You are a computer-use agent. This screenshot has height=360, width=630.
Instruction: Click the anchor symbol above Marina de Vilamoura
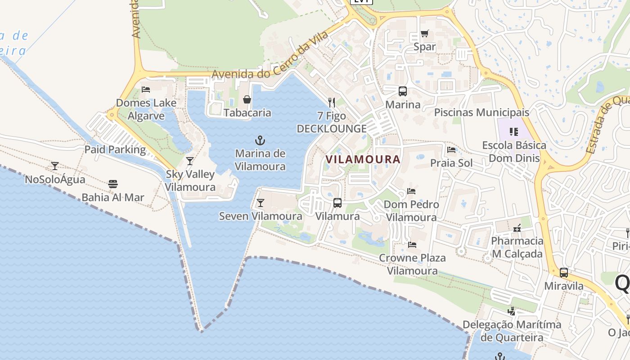coord(260,140)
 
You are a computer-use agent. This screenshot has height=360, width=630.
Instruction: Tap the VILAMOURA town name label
coord(363,159)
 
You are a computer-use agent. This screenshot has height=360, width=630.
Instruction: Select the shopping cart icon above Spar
coord(424,34)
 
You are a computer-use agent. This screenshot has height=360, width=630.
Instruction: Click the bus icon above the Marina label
coord(403,91)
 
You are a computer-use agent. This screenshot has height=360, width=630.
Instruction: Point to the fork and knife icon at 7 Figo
coord(332,103)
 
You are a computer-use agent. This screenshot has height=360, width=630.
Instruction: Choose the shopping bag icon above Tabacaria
coord(247,99)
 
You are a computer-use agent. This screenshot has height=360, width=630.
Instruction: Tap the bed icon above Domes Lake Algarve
coord(146,89)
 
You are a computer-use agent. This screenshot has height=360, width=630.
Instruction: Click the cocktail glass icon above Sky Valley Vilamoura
coord(190,161)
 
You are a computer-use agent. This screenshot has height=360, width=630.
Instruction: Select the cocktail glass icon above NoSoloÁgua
coord(55,166)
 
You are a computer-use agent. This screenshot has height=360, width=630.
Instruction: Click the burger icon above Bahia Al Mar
coord(112,184)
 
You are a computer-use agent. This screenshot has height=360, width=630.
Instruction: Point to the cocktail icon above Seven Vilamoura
coord(260,203)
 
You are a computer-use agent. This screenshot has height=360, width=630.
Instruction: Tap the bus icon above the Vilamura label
coord(337,203)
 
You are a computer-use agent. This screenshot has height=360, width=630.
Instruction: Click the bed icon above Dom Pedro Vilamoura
coord(411,191)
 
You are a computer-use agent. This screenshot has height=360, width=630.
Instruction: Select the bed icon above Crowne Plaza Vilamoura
coord(412,245)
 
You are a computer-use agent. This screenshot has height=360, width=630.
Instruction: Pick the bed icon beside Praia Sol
coord(451,150)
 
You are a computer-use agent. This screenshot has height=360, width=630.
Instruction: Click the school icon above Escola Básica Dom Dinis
coord(514,132)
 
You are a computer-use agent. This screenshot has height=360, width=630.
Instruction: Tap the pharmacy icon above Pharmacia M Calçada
coord(517,228)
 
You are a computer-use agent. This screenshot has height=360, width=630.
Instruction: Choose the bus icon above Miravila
coord(564,273)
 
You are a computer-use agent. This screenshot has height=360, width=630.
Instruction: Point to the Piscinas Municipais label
coord(481,112)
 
